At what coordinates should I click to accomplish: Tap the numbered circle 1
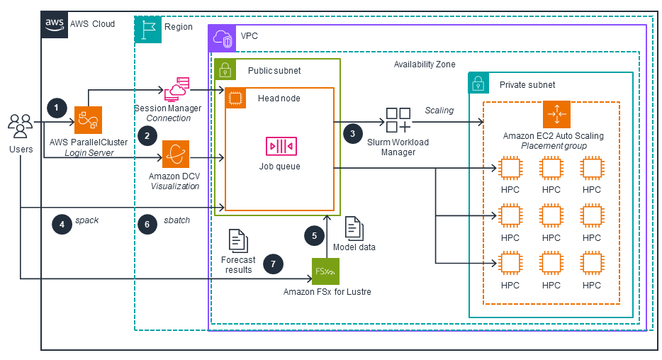click(57, 108)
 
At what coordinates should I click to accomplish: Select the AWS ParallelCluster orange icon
click(89, 120)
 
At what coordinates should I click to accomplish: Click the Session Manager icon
click(176, 90)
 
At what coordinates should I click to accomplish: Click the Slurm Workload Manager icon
click(397, 120)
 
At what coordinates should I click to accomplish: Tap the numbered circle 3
click(352, 133)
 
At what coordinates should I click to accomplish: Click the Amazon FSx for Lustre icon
click(326, 271)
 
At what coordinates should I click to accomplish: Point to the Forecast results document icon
click(238, 241)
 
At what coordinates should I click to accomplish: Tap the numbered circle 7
click(273, 264)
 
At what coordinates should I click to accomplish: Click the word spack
click(86, 220)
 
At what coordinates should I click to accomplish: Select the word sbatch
click(176, 220)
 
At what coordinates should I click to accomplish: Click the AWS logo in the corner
click(55, 24)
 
